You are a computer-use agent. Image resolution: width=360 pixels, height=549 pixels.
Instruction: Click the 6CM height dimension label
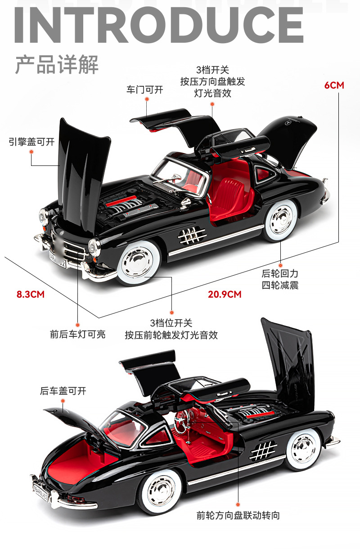pos(334,85)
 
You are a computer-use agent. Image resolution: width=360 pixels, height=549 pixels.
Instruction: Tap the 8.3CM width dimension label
pos(31,294)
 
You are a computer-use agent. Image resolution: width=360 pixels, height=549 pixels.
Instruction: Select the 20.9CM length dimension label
pos(225,294)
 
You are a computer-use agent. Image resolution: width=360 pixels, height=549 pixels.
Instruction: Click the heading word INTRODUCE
pos(159,25)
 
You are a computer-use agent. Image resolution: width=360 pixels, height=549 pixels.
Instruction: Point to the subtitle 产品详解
pos(57,64)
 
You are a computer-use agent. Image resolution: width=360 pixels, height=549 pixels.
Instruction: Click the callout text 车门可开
pos(145,90)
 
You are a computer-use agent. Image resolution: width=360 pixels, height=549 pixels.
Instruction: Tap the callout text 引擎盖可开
pos(31,142)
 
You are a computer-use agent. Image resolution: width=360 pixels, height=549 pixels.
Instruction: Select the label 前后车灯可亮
pos(78,335)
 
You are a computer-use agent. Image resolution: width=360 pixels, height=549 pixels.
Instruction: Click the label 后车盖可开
pos(63,391)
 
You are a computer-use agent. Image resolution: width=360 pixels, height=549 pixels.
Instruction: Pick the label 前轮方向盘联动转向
pos(238,515)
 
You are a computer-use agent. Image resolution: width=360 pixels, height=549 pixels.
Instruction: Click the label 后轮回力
pos(280,273)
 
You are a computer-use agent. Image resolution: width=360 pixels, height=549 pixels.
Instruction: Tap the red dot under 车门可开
pos(147,99)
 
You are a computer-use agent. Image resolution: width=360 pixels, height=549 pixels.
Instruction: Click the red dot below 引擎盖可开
pos(31,152)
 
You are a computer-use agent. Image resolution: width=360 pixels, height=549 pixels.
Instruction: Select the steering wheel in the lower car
pos(181,422)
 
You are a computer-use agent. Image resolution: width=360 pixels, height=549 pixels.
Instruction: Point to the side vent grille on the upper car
pos(192,236)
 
